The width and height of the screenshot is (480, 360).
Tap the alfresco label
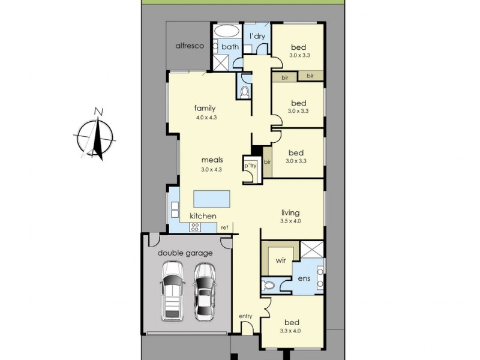(x=190, y=46)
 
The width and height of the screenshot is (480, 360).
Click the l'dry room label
(x=257, y=37)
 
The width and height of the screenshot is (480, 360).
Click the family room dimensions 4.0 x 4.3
(x=206, y=118)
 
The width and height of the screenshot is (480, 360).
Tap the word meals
(x=212, y=160)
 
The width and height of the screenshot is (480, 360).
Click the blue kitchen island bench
(x=212, y=199)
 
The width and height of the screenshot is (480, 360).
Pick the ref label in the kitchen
(x=224, y=227)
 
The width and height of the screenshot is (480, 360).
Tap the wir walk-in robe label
(x=280, y=261)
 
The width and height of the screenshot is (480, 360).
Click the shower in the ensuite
(x=312, y=249)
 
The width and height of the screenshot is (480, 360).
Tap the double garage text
(x=185, y=253)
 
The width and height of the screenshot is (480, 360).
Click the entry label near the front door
(x=245, y=316)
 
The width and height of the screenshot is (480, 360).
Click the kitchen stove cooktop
(x=195, y=226)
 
